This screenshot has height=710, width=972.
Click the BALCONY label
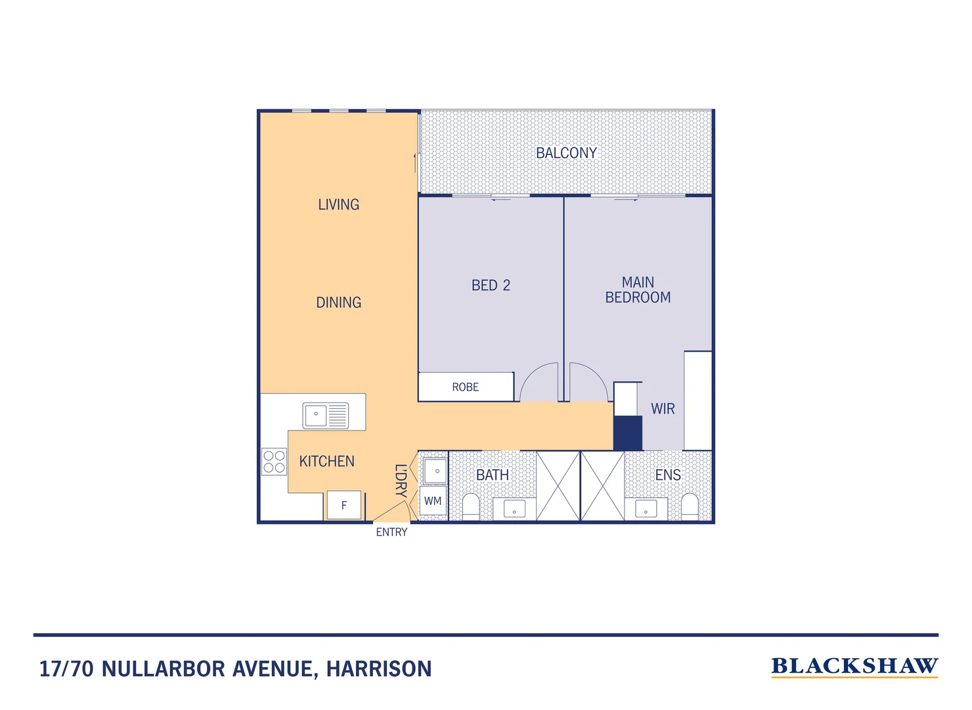(x=566, y=153)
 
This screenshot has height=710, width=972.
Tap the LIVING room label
(x=338, y=204)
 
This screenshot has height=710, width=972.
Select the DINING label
(x=338, y=302)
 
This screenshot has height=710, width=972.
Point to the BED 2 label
(x=491, y=285)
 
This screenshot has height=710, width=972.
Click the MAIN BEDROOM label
(x=638, y=290)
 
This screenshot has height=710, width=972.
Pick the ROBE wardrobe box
(x=466, y=387)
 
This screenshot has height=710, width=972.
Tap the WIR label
(x=663, y=409)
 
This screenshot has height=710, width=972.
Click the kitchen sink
(x=325, y=415)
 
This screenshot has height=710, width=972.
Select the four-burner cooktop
(x=274, y=461)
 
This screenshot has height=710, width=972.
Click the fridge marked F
(x=343, y=506)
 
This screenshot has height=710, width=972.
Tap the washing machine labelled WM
(x=433, y=502)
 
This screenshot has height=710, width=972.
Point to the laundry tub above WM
(x=435, y=471)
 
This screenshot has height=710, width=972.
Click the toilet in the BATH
(x=471, y=506)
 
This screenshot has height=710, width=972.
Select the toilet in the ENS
(x=690, y=506)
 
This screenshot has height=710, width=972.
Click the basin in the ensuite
(x=646, y=509)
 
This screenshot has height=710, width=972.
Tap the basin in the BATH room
(x=514, y=509)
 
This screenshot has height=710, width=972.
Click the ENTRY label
(x=391, y=532)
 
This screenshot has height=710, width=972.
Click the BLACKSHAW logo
(x=854, y=667)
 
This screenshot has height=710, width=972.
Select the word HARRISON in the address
(x=379, y=669)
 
